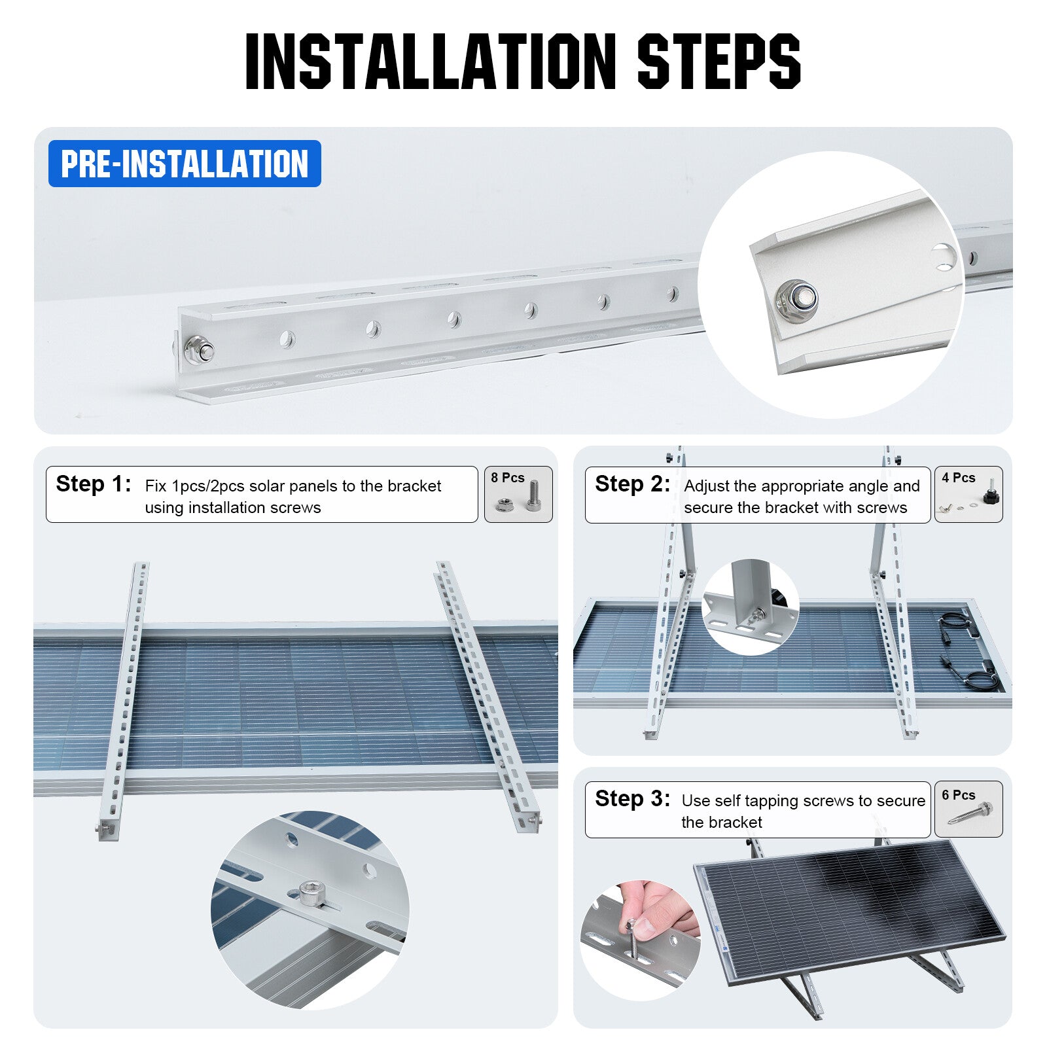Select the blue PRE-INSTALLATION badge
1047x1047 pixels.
185,164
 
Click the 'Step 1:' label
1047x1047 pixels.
93,484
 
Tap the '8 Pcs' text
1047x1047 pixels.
508,478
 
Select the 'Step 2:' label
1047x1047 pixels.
632,484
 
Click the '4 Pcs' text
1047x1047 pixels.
959,478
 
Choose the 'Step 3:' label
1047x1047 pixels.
632,799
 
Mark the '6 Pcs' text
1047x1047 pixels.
959,795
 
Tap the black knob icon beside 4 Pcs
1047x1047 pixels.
989,497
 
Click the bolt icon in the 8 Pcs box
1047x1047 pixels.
533,496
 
